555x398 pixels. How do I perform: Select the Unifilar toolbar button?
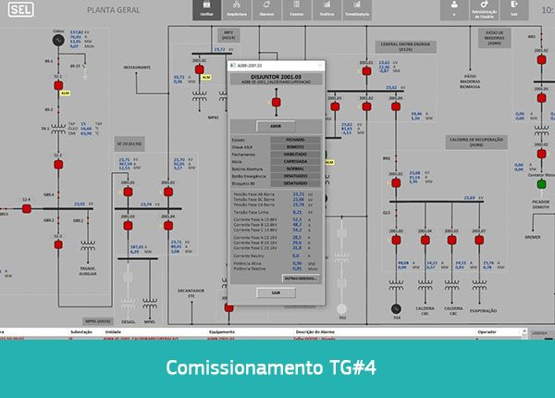click(x=210, y=10)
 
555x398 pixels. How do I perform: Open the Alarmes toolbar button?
click(x=267, y=10)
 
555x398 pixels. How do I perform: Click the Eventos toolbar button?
click(x=297, y=10)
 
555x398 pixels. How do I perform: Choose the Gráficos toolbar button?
click(x=327, y=10)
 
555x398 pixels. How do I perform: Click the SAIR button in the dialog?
click(x=276, y=292)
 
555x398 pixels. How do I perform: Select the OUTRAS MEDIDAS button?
click(x=301, y=278)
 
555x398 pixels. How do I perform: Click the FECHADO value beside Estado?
click(x=295, y=140)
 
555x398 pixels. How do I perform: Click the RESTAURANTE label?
click(x=137, y=68)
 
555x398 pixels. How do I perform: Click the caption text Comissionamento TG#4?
click(x=277, y=367)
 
